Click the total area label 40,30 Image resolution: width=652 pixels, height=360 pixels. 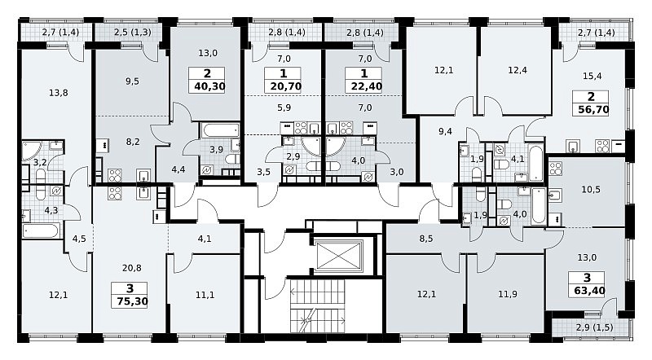point(209,86)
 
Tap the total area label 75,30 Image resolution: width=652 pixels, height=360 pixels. point(132,301)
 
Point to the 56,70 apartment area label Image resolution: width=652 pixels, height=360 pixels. point(593,110)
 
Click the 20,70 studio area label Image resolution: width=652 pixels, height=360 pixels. point(286,86)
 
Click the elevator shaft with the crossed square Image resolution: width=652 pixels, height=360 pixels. point(337,255)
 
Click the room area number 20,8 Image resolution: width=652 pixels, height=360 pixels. point(131,268)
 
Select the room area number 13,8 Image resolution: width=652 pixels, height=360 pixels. point(58,93)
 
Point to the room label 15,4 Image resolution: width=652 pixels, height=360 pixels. point(592,76)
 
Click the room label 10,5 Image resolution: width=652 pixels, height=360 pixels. point(590,190)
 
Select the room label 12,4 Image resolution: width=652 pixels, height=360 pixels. point(518,70)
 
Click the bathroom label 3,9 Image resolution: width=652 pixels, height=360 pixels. point(216,150)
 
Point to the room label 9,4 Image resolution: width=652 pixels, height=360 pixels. point(445,132)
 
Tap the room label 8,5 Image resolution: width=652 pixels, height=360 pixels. point(426,239)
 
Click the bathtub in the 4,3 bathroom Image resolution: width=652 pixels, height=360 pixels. point(42,230)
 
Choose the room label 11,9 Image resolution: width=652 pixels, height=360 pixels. point(507,294)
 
